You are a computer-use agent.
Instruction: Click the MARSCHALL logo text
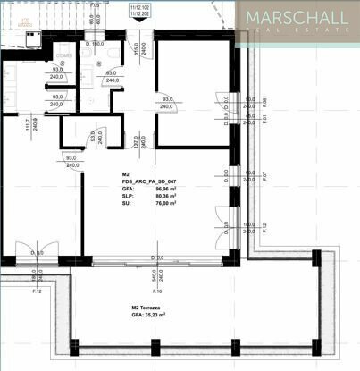tap(299, 18)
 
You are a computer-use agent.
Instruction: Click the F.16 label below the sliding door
tap(156, 291)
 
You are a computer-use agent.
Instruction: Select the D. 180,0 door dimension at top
tap(94, 43)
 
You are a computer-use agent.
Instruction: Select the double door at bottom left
tap(37, 252)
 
